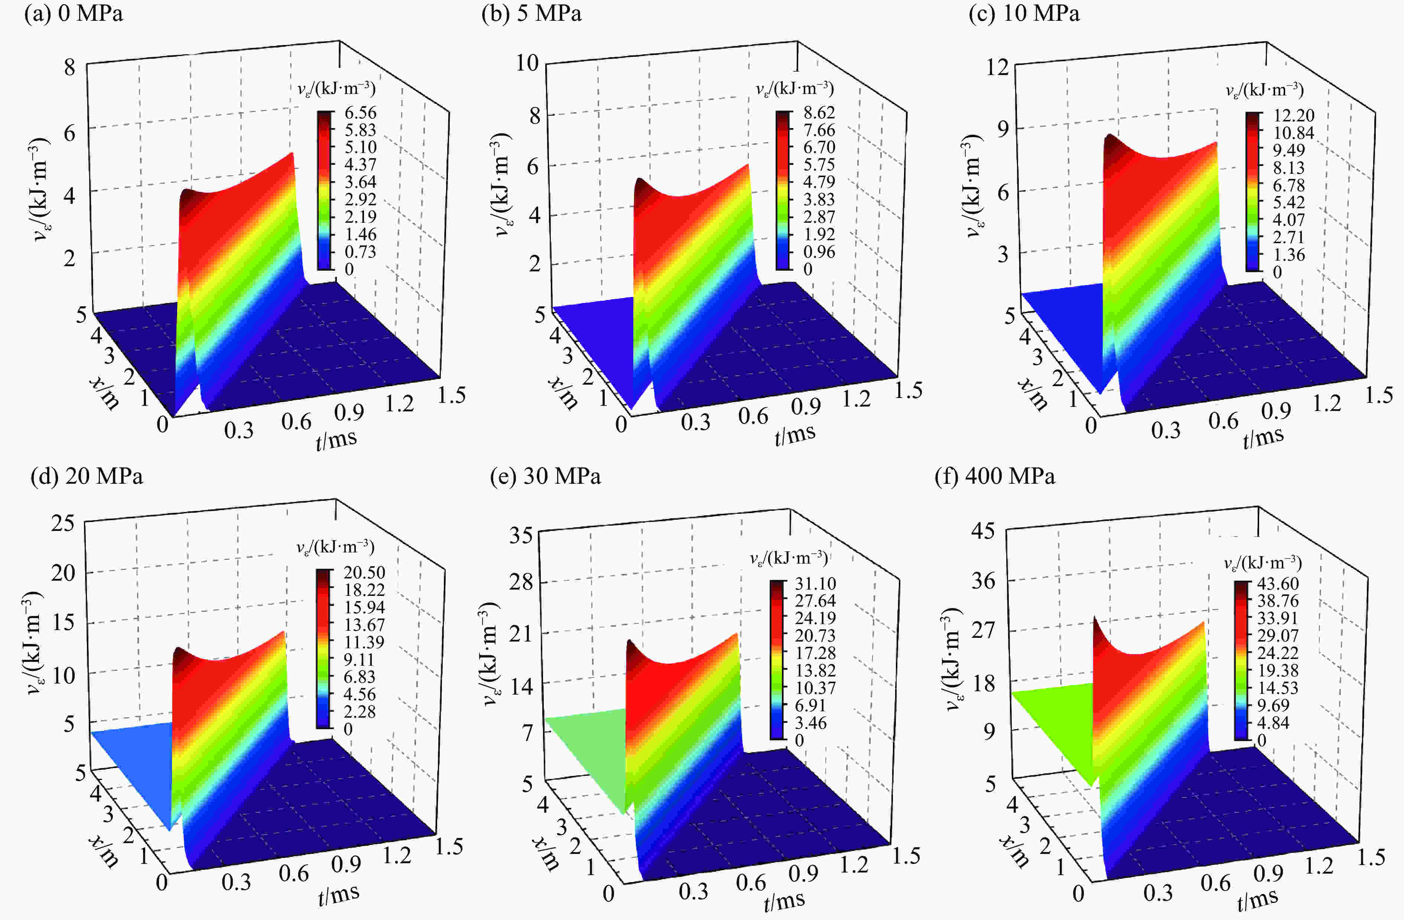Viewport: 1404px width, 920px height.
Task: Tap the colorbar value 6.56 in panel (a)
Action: click(360, 112)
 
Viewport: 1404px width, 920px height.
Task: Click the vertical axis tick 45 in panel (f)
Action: click(983, 531)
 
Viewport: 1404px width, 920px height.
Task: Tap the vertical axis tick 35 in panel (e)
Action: click(521, 535)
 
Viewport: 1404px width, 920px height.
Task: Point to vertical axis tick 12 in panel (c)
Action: click(997, 67)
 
